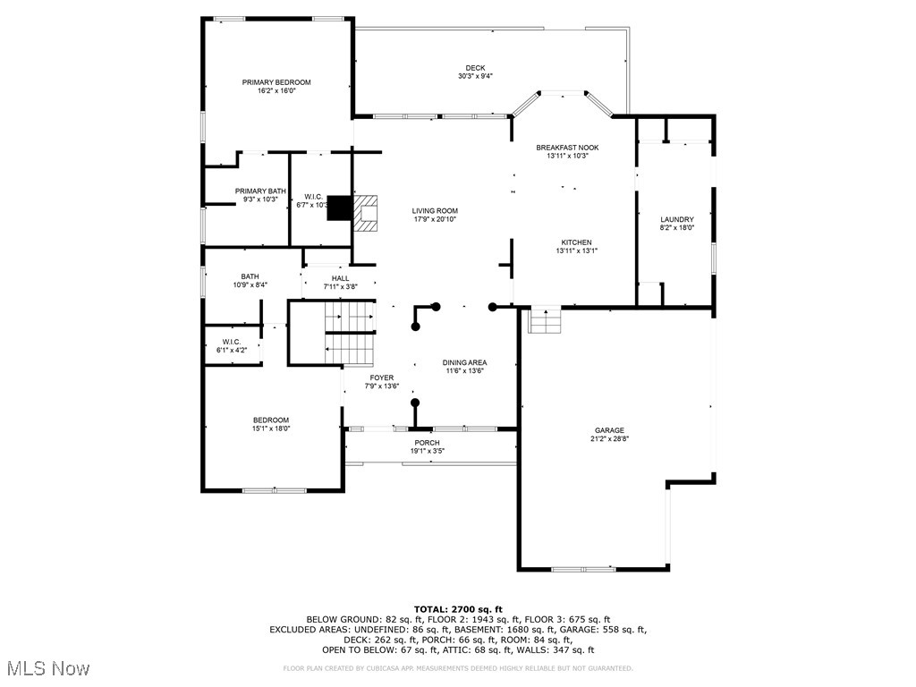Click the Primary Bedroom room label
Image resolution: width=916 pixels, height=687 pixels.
pos(276,82)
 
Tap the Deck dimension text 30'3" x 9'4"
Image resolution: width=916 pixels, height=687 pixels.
pos(475,76)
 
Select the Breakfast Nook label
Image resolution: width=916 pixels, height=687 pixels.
pos(567,148)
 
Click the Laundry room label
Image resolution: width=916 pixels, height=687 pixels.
pos(677,219)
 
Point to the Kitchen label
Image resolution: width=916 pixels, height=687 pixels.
pos(576,242)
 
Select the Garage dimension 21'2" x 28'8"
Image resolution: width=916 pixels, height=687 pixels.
pos(607,438)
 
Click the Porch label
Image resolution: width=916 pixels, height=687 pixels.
pos(427,443)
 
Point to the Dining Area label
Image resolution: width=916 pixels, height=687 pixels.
pos(464,362)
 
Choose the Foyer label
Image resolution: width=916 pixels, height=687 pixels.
pos(381,377)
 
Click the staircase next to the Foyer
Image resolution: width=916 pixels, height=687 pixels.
pos(349,333)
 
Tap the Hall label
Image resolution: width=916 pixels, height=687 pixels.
pos(340,278)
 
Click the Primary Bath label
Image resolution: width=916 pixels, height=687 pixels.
pos(260,191)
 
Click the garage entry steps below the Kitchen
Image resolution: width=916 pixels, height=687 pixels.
pos(544,320)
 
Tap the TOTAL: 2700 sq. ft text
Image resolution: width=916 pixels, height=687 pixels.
pos(458,609)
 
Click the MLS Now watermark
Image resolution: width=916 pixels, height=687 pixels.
pos(47,668)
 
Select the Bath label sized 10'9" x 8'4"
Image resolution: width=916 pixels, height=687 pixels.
pos(250,276)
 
